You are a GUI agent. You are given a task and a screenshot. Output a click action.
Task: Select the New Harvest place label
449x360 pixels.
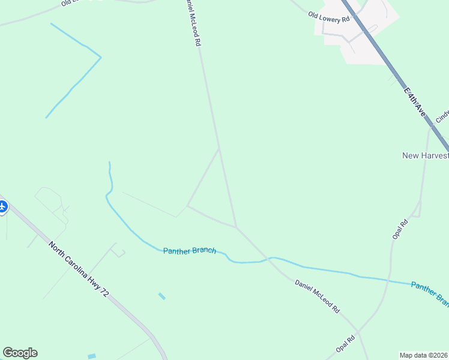(x=425, y=155)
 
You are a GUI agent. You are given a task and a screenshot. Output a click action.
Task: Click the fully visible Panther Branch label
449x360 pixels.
(x=189, y=250)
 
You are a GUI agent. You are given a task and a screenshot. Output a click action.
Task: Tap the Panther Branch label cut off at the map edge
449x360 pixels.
(x=430, y=292)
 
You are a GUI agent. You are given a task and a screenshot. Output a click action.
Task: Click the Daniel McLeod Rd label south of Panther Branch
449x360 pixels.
(x=317, y=296)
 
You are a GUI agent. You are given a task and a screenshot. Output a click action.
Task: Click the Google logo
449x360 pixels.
(x=20, y=353)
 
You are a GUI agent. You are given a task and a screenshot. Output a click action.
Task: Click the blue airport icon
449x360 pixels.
(x=2, y=207)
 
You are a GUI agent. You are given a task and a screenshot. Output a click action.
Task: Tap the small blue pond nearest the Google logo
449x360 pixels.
(x=91, y=356)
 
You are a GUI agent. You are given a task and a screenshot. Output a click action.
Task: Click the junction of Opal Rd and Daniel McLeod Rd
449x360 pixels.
(x=358, y=331)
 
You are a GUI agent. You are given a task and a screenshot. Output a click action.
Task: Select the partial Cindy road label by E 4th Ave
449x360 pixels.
(x=442, y=115)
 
